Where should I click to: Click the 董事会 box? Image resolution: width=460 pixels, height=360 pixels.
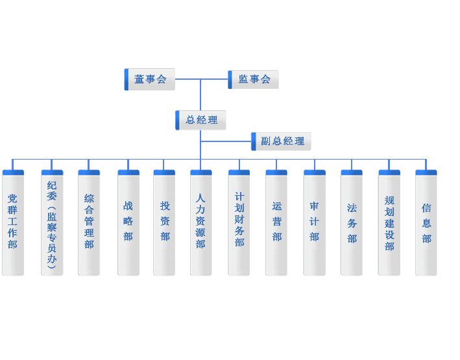tap(151, 79)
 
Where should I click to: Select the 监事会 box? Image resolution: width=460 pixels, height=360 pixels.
tap(254, 79)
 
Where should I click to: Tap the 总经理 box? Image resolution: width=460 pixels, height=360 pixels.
tap(202, 120)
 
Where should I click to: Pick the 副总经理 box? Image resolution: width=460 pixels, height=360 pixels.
tap(282, 141)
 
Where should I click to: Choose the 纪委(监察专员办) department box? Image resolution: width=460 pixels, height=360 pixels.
tap(52, 224)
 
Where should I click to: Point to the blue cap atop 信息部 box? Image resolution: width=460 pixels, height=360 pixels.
tap(426, 173)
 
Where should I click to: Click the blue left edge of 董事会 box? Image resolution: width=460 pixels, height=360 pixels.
tap(127, 79)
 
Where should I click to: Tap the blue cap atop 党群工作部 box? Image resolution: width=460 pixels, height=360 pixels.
tap(13, 173)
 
